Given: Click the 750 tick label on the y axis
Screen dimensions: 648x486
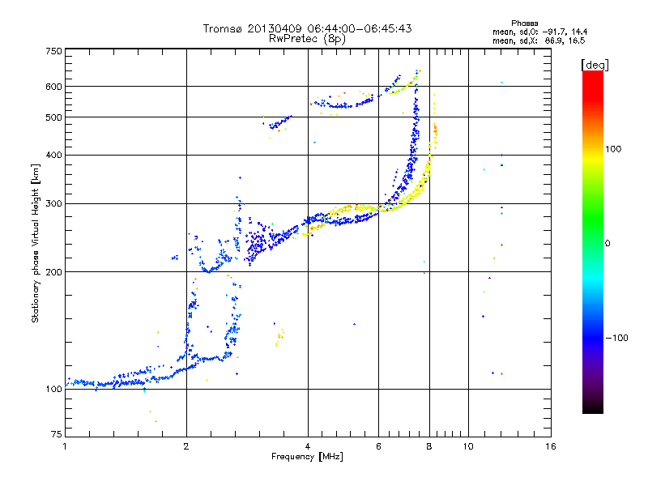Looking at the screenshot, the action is [53, 51].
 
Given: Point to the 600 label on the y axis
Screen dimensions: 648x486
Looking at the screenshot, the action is [53, 87].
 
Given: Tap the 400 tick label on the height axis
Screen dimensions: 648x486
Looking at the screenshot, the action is [53, 155].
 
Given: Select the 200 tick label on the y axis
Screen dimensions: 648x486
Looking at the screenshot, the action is [53, 272].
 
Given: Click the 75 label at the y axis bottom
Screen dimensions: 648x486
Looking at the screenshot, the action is [57, 434].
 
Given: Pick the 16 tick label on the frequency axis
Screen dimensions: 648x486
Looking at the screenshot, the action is [551, 446].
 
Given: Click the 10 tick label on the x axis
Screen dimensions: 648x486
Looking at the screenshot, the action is [468, 446].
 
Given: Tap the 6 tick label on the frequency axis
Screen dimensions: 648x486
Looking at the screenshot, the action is [378, 446].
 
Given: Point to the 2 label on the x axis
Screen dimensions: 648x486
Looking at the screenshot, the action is [186, 446].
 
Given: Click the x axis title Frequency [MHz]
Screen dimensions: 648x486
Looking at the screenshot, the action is [308, 457].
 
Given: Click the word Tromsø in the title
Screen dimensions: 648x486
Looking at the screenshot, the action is [223, 28].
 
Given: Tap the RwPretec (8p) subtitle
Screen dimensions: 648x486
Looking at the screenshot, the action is [307, 39].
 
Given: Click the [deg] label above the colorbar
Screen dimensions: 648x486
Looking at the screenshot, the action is [595, 65].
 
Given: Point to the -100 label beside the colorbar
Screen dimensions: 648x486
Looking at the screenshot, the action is [616, 338].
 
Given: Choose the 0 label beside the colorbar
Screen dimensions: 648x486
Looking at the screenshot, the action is [607, 244].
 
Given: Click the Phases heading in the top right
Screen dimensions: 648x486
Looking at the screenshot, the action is [524, 23].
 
